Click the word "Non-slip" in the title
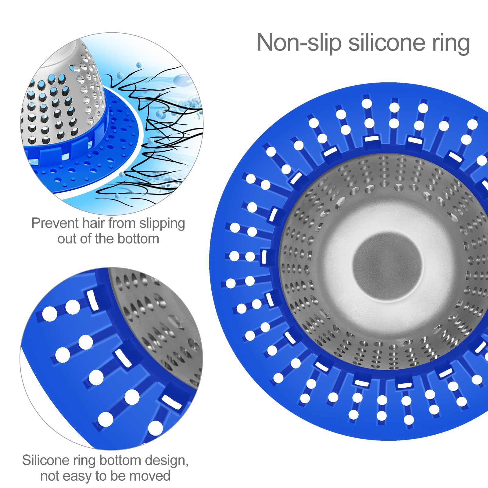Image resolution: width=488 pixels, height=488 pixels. pos(299,43)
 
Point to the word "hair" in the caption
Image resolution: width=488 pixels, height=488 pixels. pos(93,223)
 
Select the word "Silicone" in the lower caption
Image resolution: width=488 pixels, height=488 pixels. pos(45,460)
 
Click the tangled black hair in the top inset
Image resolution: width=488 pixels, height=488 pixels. pos(152,131)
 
